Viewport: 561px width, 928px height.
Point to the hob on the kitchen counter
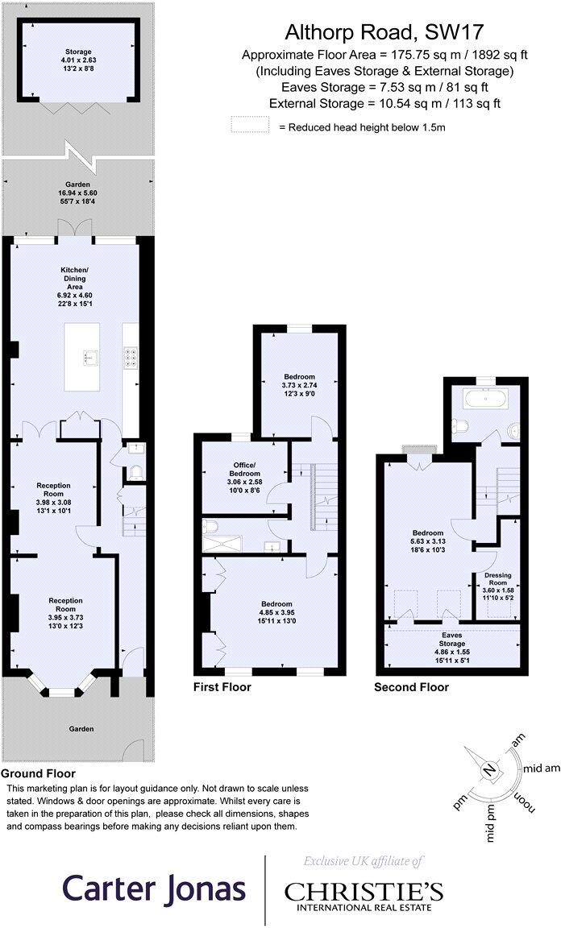[130, 356]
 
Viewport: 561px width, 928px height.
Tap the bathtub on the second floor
[485, 398]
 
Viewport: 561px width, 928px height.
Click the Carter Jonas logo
[153, 889]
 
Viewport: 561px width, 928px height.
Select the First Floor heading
[222, 687]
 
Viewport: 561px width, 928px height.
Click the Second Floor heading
[411, 687]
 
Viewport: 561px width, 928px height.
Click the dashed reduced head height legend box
[249, 125]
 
